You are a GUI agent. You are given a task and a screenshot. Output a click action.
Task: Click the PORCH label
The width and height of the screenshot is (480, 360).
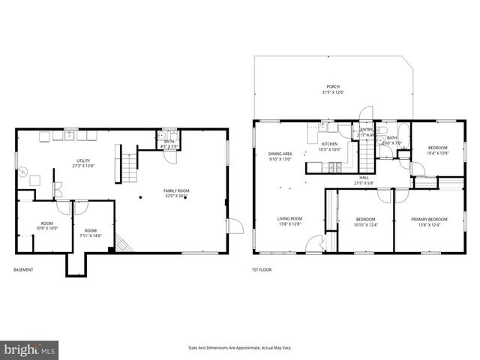[332, 88]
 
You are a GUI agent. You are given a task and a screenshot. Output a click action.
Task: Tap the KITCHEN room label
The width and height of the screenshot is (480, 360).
[330, 146]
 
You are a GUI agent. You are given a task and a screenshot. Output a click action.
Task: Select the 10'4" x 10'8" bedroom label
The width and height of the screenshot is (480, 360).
[438, 151]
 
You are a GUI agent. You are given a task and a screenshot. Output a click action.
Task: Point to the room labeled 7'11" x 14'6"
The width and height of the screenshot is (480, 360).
[91, 233]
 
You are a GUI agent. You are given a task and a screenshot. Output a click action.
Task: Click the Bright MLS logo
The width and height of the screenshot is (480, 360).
[30, 349]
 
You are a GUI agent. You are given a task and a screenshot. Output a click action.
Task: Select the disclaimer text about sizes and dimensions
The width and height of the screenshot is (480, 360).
[239, 347]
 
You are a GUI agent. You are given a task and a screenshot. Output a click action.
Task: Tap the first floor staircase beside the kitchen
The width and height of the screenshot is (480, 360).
[367, 156]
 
